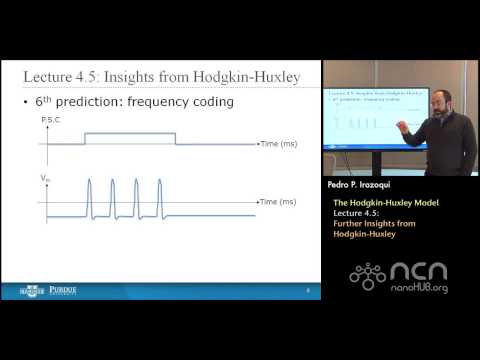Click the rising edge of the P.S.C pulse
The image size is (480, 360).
tap(86, 139)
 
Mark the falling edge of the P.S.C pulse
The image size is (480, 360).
tap(176, 139)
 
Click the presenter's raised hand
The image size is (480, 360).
tap(405, 128)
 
